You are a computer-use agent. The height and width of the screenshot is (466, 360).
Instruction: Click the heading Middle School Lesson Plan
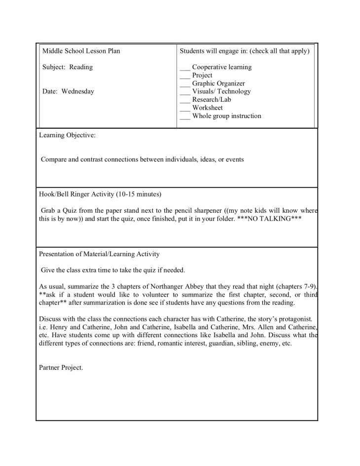[81, 51]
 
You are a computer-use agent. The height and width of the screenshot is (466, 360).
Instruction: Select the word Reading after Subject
[81, 67]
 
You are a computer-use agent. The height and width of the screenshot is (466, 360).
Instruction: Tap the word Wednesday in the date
[77, 91]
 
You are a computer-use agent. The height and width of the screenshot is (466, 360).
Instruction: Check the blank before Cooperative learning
[185, 68]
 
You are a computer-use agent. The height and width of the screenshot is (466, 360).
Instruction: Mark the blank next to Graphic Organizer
[185, 84]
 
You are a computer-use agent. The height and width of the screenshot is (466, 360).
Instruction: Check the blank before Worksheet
[185, 108]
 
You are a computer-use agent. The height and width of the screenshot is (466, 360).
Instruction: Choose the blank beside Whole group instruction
[185, 116]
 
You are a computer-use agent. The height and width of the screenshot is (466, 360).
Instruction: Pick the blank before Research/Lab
[185, 100]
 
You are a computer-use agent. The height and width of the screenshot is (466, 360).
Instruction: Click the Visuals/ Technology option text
[221, 91]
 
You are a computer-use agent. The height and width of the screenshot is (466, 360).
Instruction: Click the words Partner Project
[61, 367]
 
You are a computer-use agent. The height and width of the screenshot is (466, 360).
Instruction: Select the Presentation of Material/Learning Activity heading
[99, 254]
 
